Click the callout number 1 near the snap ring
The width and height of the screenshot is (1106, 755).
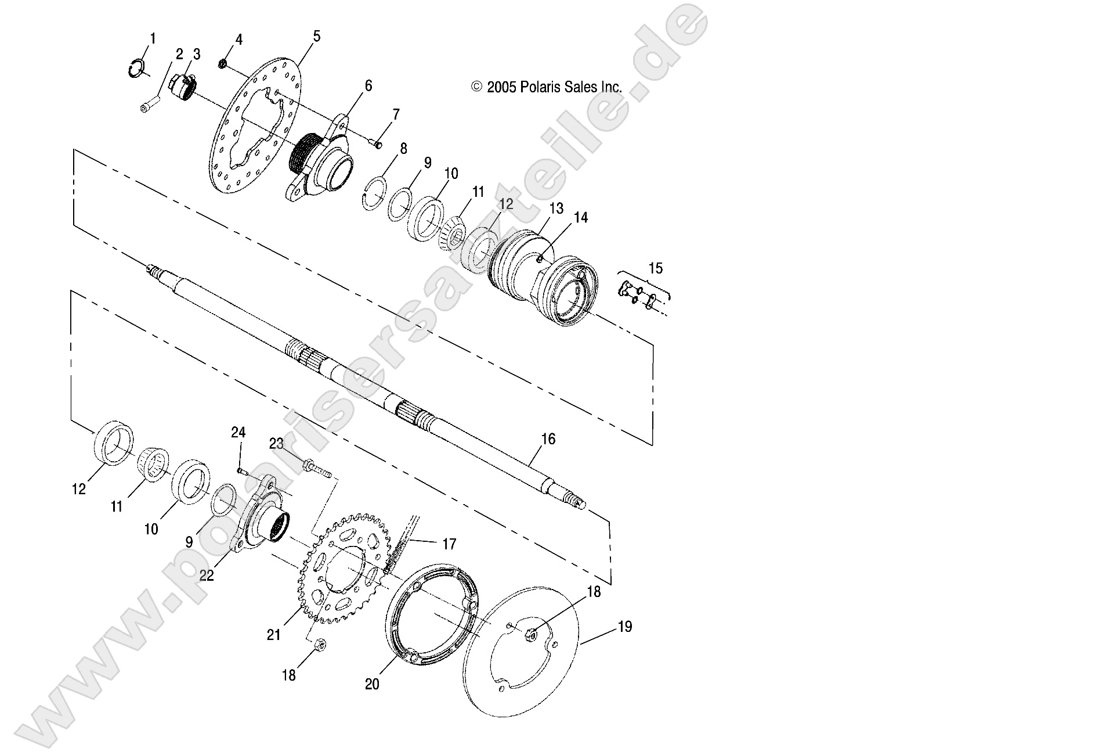coord(153,39)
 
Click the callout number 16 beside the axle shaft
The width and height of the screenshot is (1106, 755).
coord(547,439)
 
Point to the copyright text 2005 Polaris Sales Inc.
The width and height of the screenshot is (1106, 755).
coord(547,88)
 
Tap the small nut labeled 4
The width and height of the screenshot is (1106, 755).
coord(223,62)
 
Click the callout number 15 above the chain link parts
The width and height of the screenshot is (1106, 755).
coord(655,269)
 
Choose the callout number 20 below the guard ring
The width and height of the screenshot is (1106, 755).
coord(372,685)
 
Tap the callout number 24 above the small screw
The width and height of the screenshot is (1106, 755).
coord(238,433)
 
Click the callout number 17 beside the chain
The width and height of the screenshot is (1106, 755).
coord(449,544)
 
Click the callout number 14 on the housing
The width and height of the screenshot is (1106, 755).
coord(581,218)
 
